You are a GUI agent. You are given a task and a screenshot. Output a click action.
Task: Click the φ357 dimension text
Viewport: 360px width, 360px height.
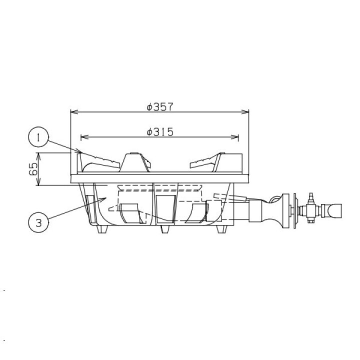[160, 107]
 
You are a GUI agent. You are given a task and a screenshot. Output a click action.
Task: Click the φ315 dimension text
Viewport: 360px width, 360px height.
[160, 132]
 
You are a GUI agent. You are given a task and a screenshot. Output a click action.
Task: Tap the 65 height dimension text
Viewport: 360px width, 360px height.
[33, 169]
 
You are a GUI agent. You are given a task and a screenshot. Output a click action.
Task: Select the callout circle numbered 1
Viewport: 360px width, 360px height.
[38, 137]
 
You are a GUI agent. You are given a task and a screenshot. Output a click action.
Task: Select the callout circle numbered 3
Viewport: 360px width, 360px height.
[38, 222]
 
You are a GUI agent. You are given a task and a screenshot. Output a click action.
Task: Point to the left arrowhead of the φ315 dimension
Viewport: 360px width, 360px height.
[84, 137]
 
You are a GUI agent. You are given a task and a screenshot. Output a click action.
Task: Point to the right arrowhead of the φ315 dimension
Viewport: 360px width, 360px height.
[234, 137]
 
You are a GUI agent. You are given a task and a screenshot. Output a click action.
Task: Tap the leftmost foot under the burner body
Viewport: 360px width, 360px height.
[102, 229]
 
